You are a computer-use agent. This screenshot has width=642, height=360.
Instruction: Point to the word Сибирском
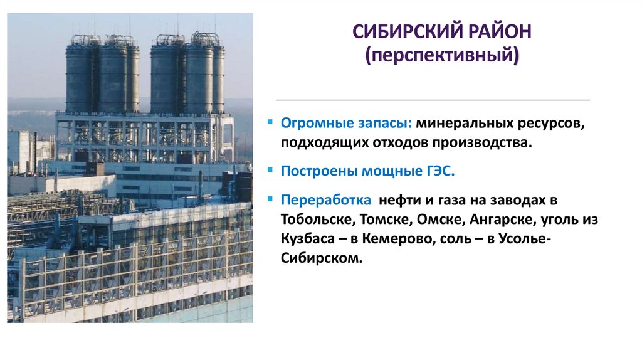(321, 258)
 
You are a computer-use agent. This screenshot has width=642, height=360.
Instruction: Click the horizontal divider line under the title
(433, 100)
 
